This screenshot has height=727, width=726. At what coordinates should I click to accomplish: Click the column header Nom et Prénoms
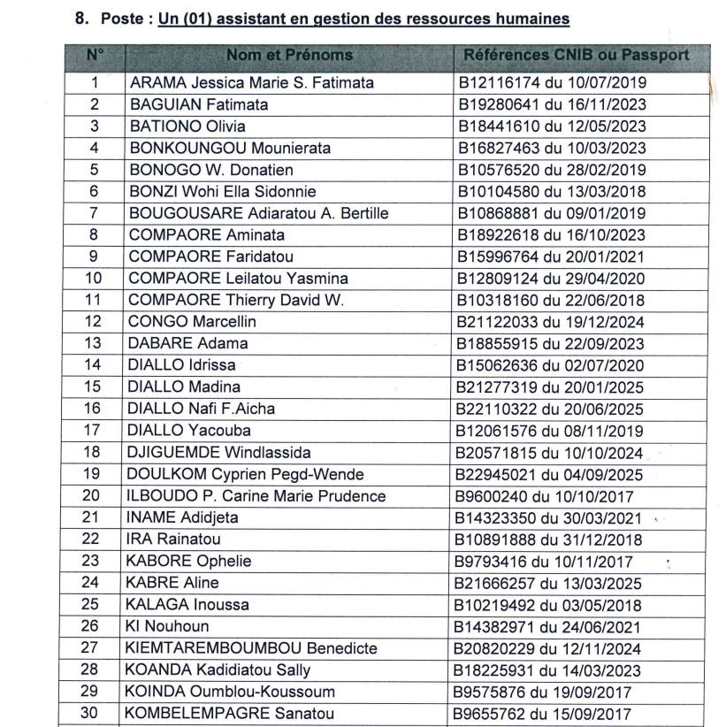[x=289, y=55]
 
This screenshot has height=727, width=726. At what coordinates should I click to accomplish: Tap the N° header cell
[x=95, y=55]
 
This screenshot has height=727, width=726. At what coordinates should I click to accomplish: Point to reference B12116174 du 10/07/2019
[x=551, y=83]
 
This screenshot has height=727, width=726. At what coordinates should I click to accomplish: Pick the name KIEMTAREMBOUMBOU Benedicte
[x=253, y=648]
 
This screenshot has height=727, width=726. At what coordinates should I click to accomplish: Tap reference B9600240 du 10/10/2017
[x=546, y=496]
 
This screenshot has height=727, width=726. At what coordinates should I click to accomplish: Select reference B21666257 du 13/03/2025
[x=551, y=583]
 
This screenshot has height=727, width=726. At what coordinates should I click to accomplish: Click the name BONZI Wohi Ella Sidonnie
[x=222, y=192]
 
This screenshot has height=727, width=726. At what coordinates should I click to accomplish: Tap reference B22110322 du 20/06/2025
[x=551, y=409]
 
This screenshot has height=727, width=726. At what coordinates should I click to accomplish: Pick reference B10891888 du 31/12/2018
[x=551, y=540]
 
